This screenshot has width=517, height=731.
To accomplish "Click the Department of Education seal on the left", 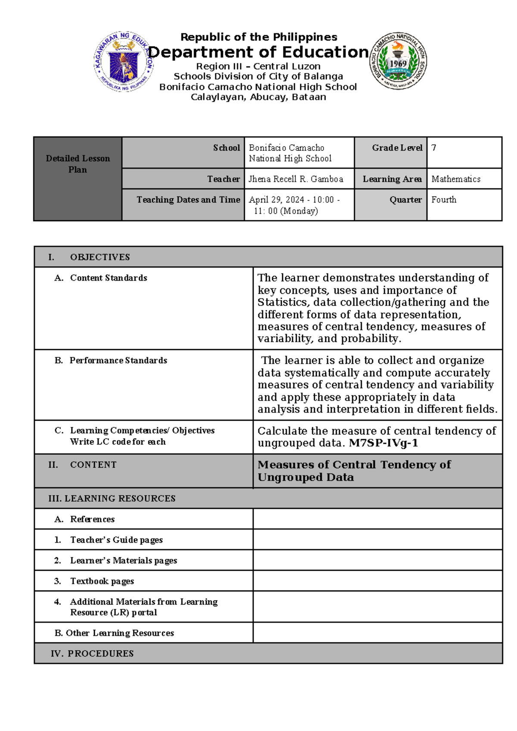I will [x=123, y=61].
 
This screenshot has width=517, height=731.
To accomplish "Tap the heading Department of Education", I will [x=258, y=52].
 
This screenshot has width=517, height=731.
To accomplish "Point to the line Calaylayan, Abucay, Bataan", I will [x=258, y=97].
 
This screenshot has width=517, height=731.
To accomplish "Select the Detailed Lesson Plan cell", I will [x=78, y=164].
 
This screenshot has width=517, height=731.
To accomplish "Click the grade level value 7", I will [x=434, y=148].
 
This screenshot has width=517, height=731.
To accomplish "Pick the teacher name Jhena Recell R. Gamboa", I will [x=296, y=179].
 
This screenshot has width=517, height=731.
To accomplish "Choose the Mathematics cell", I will [x=456, y=179].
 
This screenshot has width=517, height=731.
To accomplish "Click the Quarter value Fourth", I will [x=444, y=200].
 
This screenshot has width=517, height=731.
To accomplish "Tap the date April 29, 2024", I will [x=277, y=200].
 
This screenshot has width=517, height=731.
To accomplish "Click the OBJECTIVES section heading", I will [x=100, y=257].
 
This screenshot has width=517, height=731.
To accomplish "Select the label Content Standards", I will [x=109, y=278].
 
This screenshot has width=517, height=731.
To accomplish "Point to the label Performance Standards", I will [x=118, y=360].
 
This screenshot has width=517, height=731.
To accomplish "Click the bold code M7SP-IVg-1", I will [x=383, y=443].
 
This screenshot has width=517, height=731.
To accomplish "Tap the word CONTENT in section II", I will [x=93, y=465].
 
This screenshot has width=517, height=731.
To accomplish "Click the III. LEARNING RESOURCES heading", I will [x=112, y=499].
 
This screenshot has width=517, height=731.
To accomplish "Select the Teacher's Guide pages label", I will [x=116, y=540].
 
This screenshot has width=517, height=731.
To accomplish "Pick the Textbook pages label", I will [x=102, y=581].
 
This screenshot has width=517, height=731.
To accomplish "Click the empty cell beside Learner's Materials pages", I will [x=377, y=560].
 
